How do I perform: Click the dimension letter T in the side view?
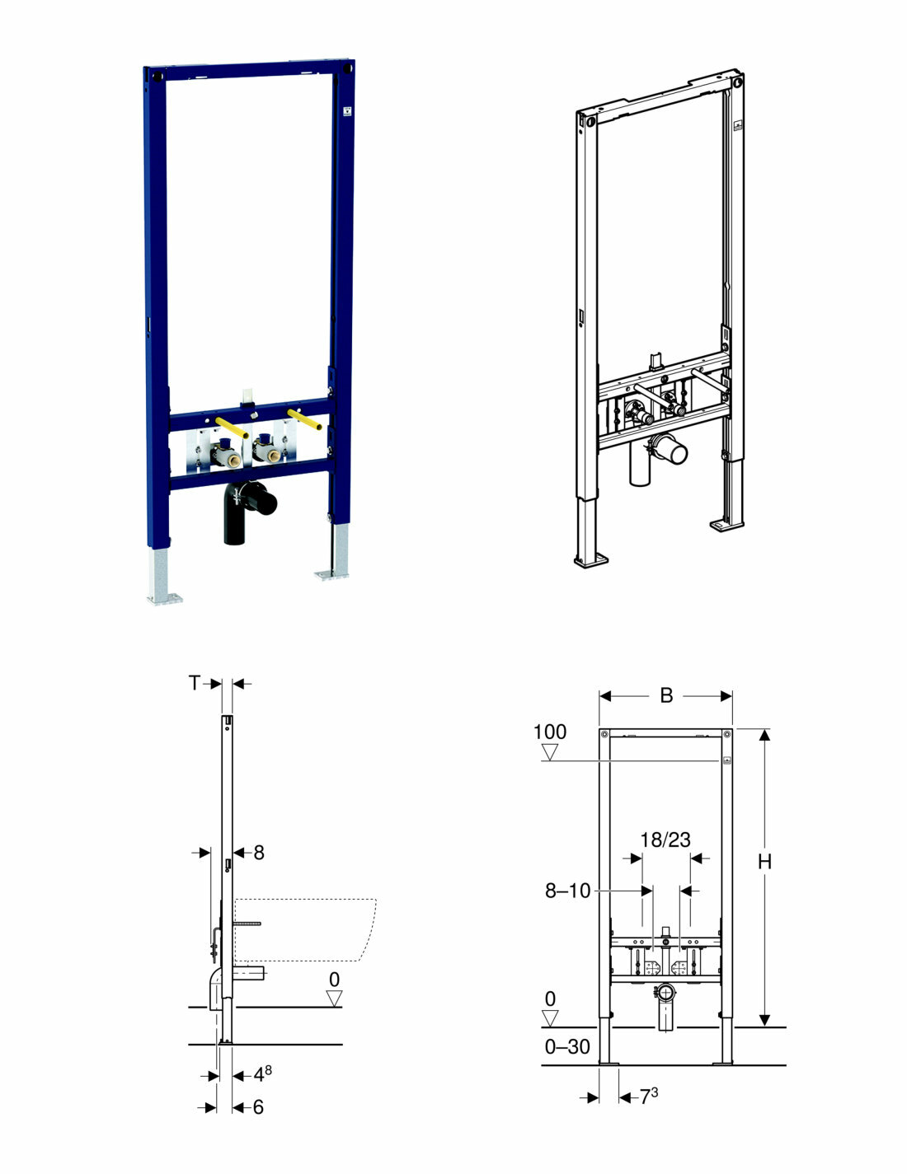coord(195,683)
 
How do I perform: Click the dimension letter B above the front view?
coord(666,696)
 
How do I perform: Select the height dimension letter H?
coord(764,863)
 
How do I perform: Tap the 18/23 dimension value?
coord(665,840)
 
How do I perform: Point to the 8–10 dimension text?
coord(567,891)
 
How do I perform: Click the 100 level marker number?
coord(550,732)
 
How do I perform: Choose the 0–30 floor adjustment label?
coord(567,1047)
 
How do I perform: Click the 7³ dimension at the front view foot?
coord(649,1097)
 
